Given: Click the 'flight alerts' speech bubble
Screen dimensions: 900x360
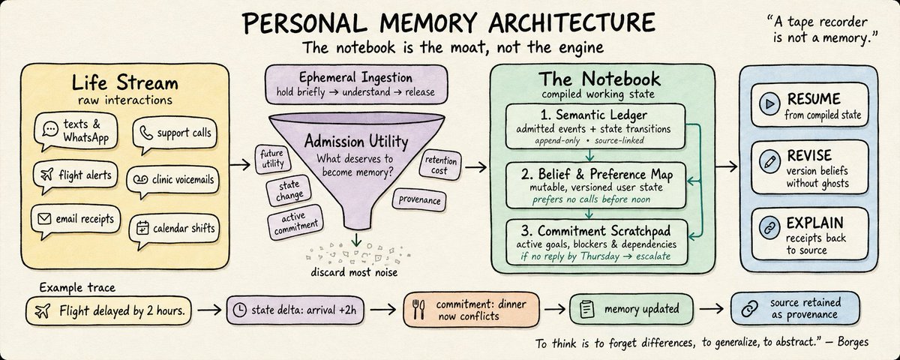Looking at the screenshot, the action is click(76, 176).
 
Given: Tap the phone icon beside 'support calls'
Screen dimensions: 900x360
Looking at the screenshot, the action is click(145, 133).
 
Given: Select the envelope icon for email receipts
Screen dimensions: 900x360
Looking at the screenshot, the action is click(44, 218).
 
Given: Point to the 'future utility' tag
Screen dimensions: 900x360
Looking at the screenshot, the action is click(273, 159).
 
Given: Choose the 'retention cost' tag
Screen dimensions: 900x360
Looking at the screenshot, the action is click(440, 165).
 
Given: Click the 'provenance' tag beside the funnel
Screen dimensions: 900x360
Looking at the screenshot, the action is click(419, 199).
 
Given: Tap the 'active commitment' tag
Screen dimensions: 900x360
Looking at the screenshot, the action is click(295, 222).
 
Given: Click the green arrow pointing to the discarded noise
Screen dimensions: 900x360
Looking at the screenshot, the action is click(356, 239).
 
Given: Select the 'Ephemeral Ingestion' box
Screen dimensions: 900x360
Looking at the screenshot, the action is click(356, 84).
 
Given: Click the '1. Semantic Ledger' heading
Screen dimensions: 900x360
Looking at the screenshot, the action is click(593, 115).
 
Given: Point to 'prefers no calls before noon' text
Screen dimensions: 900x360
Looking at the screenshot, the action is click(591, 199).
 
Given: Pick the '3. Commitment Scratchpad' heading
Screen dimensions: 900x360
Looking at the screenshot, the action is click(595, 231).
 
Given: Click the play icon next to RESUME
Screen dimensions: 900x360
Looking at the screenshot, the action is click(769, 104).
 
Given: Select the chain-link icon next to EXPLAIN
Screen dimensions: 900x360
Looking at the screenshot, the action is click(769, 228).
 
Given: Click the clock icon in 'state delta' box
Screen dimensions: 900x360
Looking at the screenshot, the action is click(239, 310).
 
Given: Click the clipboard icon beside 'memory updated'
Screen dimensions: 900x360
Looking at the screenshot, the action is click(587, 309).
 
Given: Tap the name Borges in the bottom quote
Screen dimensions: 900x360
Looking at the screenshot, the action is click(853, 343).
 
